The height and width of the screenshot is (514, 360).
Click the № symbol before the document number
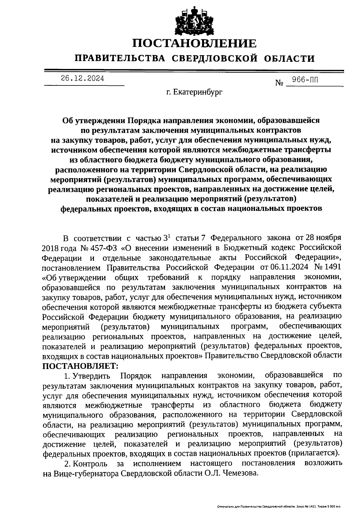pos(279,82)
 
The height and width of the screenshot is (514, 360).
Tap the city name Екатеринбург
pos(198,93)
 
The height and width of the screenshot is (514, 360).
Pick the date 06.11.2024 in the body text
pos(288,267)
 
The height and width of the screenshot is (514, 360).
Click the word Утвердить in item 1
pos(91,376)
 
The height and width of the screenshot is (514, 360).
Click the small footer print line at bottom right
pos(279,507)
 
